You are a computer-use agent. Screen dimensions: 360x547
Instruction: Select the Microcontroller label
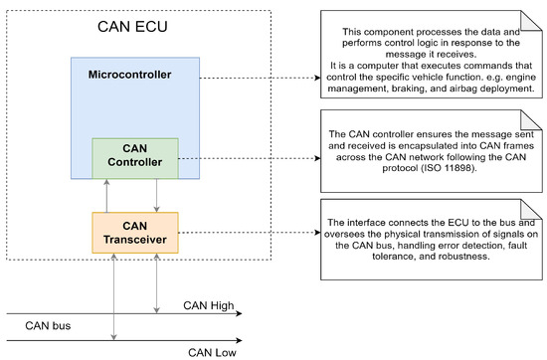pyautogui.click(x=136, y=76)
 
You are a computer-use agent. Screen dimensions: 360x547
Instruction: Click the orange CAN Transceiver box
pyautogui.click(x=135, y=232)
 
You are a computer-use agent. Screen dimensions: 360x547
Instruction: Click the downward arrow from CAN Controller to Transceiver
pyautogui.click(x=156, y=195)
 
